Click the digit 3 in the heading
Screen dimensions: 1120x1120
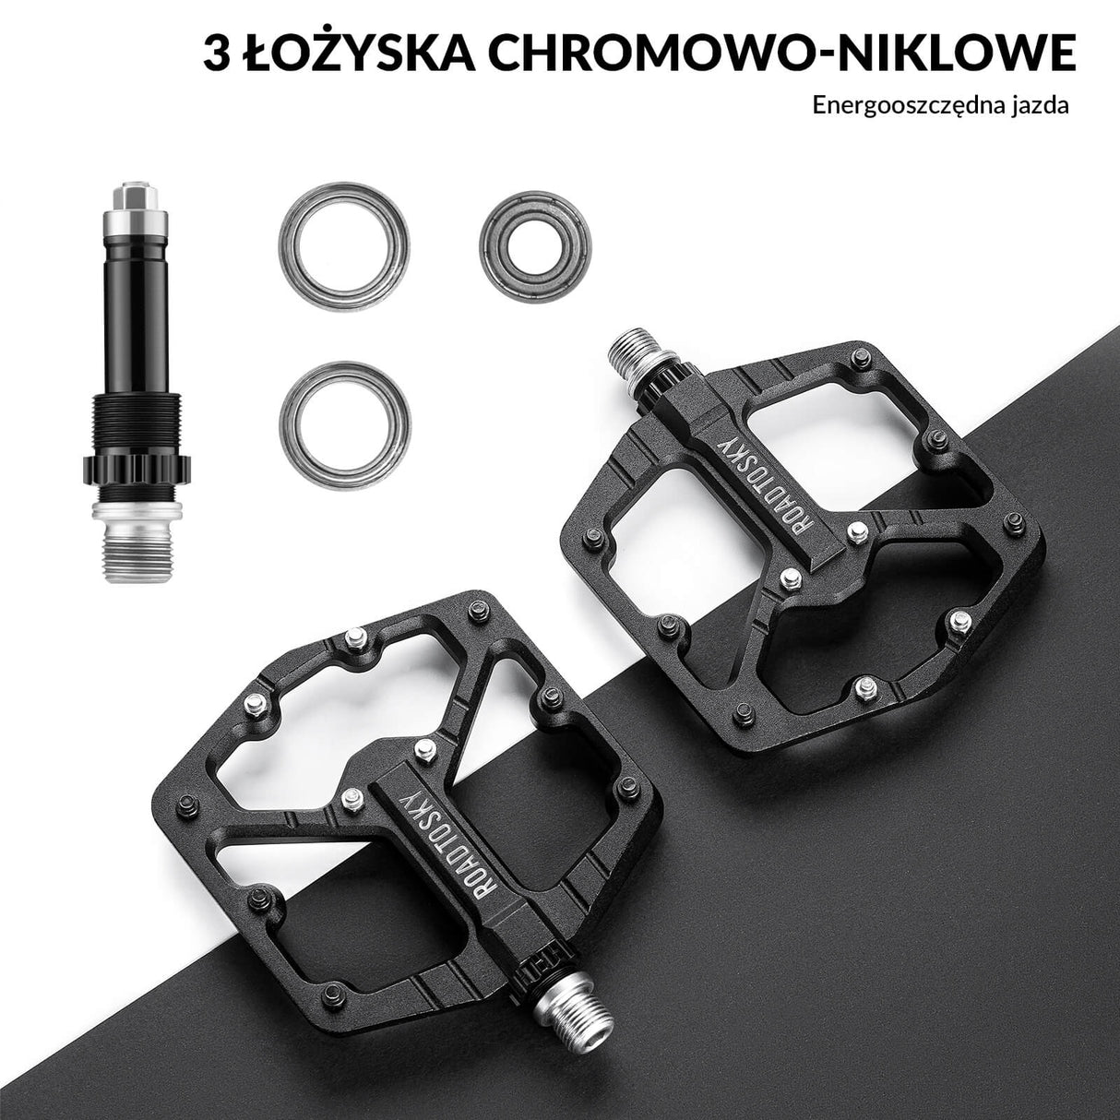pos(217,54)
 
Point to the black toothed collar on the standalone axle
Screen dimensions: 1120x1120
pos(137,467)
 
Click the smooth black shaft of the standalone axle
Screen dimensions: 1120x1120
pos(137,314)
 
